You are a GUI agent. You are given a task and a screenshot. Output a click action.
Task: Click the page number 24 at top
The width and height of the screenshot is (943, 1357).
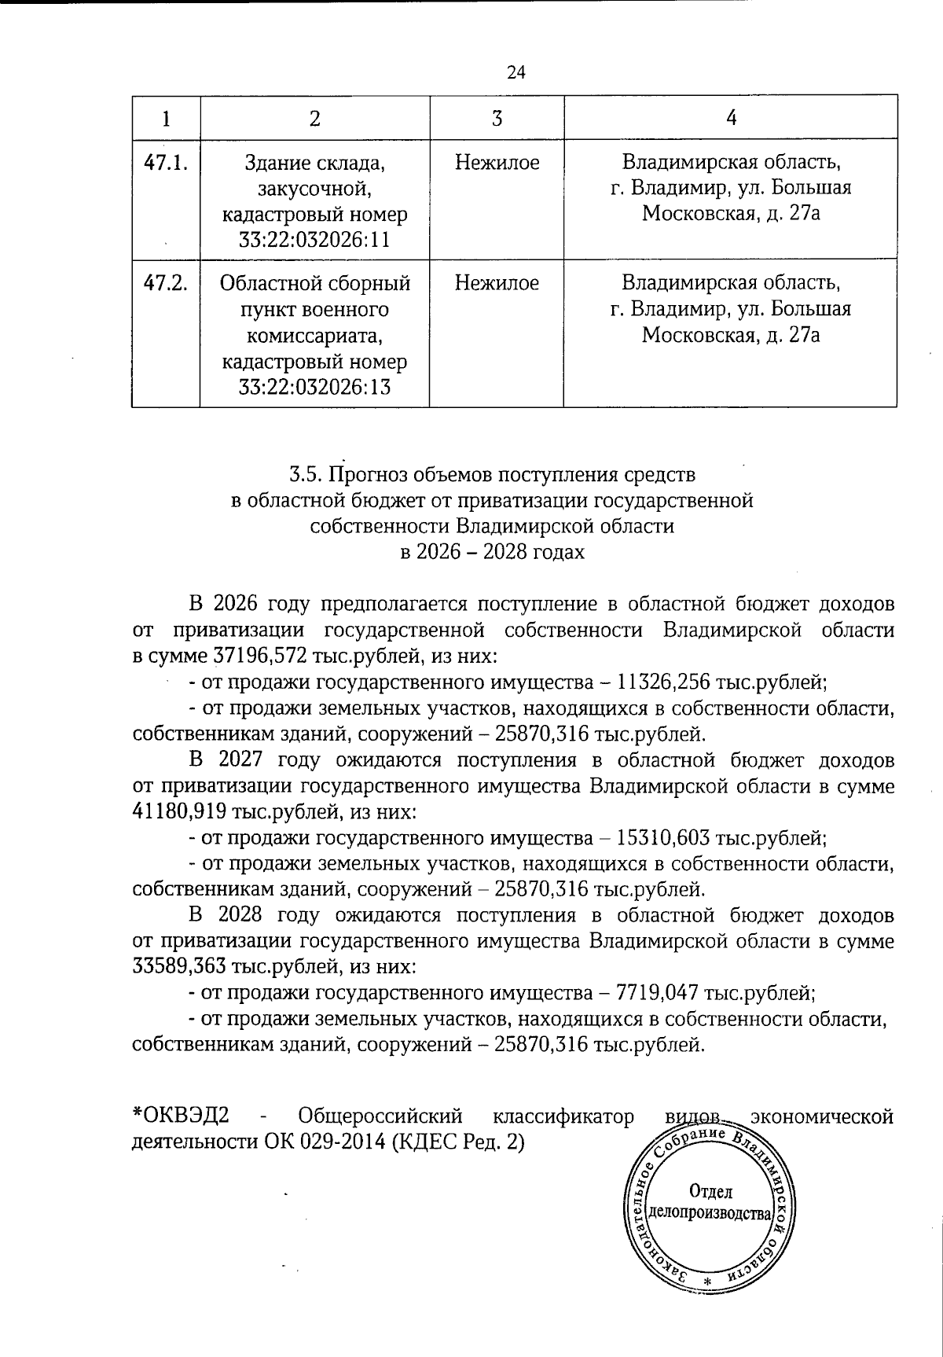click(516, 72)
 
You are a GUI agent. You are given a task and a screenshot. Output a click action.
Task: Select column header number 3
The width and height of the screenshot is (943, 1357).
click(497, 118)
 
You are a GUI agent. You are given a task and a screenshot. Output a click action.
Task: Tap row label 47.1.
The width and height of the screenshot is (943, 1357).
click(165, 163)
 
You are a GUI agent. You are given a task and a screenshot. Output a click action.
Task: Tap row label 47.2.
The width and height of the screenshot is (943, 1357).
click(165, 283)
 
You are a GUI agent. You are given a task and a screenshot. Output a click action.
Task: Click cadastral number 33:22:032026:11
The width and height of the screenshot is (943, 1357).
click(314, 239)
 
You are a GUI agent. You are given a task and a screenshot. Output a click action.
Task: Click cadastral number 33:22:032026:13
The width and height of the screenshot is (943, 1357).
click(314, 387)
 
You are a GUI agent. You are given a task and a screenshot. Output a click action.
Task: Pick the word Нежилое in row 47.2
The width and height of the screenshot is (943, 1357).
click(497, 283)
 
